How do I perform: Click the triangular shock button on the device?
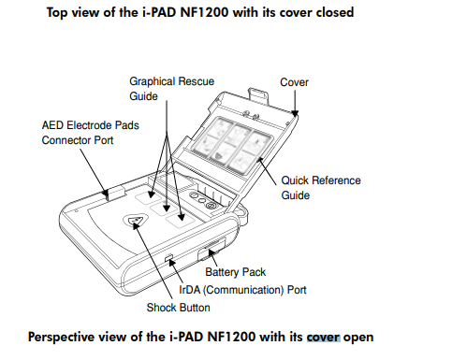tap(135, 221)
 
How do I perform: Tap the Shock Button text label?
tap(178, 308)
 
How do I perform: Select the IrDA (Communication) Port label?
tap(242, 290)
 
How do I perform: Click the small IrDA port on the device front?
tap(168, 257)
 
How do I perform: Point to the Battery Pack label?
tap(235, 272)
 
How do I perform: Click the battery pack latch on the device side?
tap(211, 249)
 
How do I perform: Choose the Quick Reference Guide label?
tap(321, 188)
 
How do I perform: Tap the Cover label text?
tap(294, 82)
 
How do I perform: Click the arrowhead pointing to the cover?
tap(295, 113)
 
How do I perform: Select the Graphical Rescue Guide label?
tap(171, 89)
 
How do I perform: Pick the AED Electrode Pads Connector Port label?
tap(90, 133)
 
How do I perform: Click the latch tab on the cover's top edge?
tap(257, 94)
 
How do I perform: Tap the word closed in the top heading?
tap(335, 12)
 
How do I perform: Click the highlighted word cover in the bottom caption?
tap(324, 338)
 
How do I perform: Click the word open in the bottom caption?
tap(358, 338)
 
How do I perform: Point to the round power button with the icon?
tap(211, 205)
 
